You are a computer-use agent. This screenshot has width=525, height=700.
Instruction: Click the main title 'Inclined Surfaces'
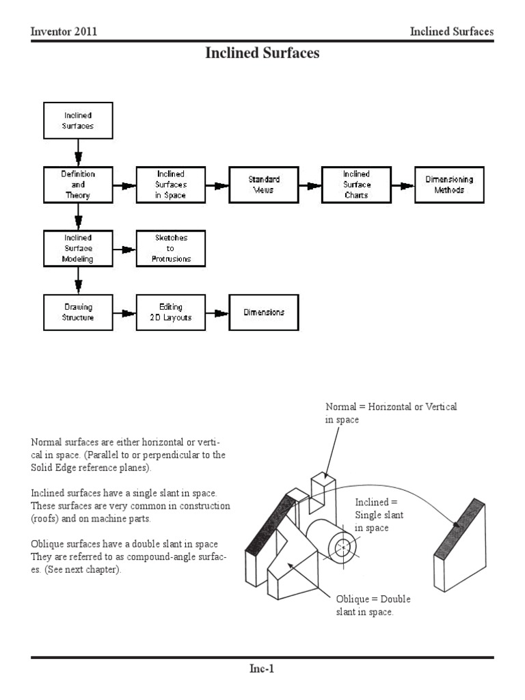coord(262,53)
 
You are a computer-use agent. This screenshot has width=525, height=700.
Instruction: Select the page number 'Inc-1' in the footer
coord(262,669)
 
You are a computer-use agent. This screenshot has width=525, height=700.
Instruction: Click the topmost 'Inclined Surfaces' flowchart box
coord(78,121)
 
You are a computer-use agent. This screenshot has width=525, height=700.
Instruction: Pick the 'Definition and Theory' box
coord(78,185)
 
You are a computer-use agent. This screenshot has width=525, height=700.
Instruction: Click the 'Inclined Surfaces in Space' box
coord(170,185)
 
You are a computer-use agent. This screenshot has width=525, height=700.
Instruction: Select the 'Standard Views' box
coord(263,185)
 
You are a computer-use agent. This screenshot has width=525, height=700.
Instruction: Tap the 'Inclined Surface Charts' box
coord(356,185)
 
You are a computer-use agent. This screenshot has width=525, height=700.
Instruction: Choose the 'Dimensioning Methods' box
coord(449,185)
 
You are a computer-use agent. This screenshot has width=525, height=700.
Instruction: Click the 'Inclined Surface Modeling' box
coord(78,248)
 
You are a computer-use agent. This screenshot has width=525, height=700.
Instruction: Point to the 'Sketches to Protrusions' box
coord(170,248)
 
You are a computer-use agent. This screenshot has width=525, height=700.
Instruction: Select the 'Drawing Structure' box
coord(78,312)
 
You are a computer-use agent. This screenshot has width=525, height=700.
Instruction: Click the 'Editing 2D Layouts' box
coord(170,312)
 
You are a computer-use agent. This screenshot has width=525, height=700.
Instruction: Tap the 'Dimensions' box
coord(263,312)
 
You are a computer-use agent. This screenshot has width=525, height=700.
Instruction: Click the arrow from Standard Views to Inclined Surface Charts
coord(310,185)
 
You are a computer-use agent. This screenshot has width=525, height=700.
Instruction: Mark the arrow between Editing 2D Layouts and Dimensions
coord(217,313)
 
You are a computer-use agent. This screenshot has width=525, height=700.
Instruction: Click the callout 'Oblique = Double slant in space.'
coord(373,606)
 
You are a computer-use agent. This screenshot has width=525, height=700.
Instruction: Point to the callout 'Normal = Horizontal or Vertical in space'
coord(391,413)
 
